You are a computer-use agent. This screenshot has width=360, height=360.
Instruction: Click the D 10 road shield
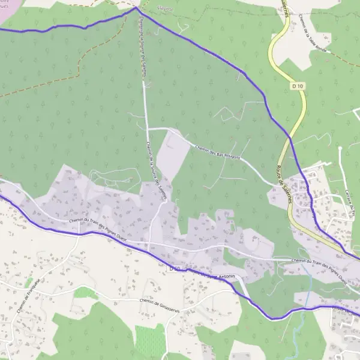click(x=296, y=86)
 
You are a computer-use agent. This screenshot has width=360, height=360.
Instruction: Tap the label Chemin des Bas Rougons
click(x=218, y=152)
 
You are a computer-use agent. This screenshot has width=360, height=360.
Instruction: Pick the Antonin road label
click(x=228, y=277)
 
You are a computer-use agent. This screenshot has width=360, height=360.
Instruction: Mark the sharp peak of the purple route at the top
click(x=136, y=8)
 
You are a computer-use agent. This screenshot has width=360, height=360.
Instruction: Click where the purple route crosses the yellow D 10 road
click(x=291, y=139)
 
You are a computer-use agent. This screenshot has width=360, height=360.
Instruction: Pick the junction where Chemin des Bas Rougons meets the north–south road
click(x=148, y=128)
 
